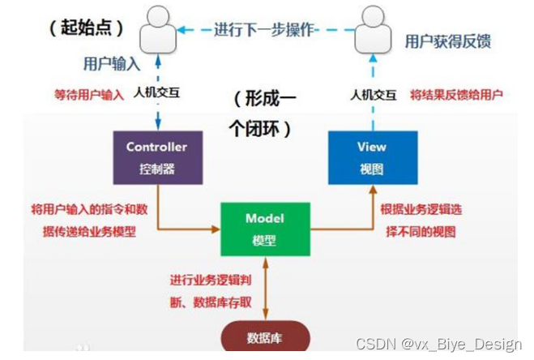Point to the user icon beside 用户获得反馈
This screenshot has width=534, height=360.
click(x=372, y=31)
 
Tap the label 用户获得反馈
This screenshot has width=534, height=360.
click(x=447, y=41)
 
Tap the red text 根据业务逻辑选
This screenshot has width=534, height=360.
click(x=421, y=210)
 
